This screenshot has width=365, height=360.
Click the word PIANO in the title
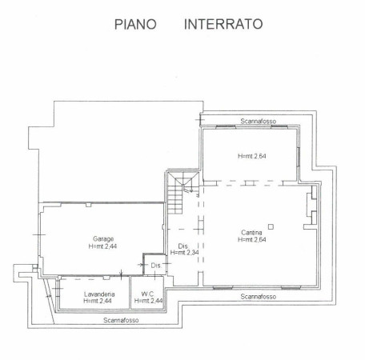135,24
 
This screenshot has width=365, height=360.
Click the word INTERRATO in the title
223,24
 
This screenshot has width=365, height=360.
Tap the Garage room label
103,238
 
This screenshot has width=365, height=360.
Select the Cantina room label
251,232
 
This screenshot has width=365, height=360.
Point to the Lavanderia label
99,294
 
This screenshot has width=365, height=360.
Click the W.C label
147,294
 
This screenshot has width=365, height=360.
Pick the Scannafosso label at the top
259,121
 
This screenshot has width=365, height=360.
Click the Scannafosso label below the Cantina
259,297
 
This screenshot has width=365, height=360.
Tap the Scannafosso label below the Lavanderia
121,320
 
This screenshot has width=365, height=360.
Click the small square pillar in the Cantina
271,227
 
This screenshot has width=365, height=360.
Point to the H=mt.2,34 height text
184,252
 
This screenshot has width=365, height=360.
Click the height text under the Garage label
102,246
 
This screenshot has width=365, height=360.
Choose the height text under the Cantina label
252,239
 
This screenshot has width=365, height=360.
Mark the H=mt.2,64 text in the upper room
252,156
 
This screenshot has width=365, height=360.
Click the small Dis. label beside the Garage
156,266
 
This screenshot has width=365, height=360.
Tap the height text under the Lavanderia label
98,301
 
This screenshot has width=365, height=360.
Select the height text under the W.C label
149,301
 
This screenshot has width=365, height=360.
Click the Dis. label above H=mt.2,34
183,246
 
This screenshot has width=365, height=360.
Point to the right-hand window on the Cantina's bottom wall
291,287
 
